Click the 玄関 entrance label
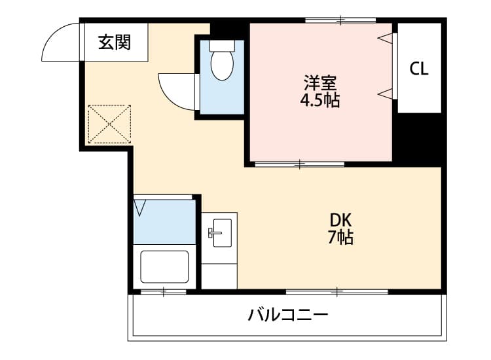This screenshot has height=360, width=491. click(115, 43)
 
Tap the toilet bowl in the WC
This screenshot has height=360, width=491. click(223, 66)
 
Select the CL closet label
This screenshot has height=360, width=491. click(420, 68)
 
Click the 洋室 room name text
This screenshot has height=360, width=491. click(320, 84)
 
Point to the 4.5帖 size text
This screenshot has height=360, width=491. click(320, 101)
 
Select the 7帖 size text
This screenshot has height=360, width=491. click(340, 238)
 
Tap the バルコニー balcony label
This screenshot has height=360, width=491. click(287, 315)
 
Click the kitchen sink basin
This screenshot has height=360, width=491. click(219, 233)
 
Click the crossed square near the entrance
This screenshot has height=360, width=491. click(110, 123)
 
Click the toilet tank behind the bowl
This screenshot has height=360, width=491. click(223, 46)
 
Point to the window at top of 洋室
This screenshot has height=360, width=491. click(340, 20)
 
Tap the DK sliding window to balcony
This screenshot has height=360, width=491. click(337, 291)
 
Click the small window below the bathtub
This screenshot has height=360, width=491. click(164, 291)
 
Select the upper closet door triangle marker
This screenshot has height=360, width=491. click(386, 37)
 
